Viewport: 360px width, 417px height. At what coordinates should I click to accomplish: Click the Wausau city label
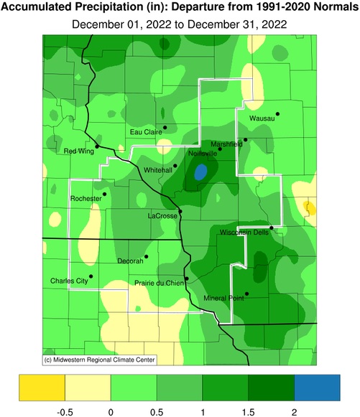262,118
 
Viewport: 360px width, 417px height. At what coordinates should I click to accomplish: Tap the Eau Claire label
144,132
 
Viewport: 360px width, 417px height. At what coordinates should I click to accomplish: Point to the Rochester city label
86,198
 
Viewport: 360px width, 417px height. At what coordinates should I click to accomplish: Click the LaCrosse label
162,215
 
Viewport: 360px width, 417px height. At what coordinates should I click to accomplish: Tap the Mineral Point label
223,298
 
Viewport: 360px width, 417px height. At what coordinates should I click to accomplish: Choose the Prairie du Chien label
159,283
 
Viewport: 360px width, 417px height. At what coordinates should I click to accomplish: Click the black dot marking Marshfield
245,140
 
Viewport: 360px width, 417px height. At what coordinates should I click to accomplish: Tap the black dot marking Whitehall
175,166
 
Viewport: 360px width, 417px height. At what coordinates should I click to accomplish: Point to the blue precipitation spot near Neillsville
200,172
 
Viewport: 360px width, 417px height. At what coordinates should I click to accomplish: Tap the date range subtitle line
180,24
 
